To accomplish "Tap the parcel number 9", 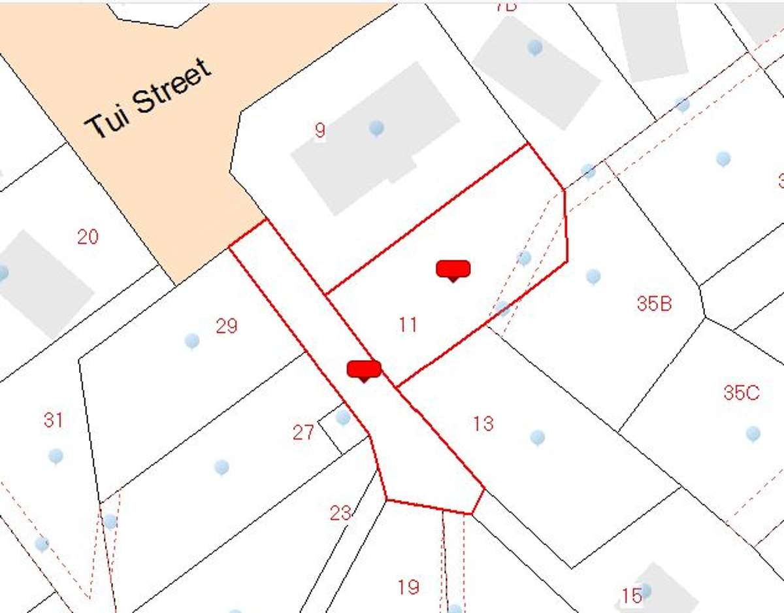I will (319, 130).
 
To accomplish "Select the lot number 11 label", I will (408, 324).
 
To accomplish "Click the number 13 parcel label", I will (483, 423).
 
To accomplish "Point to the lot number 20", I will (88, 237).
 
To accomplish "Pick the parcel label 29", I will (227, 325).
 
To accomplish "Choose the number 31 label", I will (54, 420).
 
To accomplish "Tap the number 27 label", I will (303, 433).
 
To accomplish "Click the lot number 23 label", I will (340, 513).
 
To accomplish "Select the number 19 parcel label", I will (408, 587).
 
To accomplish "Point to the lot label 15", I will (631, 596).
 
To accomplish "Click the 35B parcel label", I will (654, 304).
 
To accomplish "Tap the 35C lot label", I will (742, 393).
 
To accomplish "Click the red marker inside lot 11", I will (453, 269).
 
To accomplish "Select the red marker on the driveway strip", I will (363, 370).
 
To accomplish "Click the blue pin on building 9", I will (376, 127).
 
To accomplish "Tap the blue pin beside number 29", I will (192, 340).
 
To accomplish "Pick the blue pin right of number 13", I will (538, 437).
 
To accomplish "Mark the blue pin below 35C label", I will (753, 433).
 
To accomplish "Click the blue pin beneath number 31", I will (56, 455).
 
